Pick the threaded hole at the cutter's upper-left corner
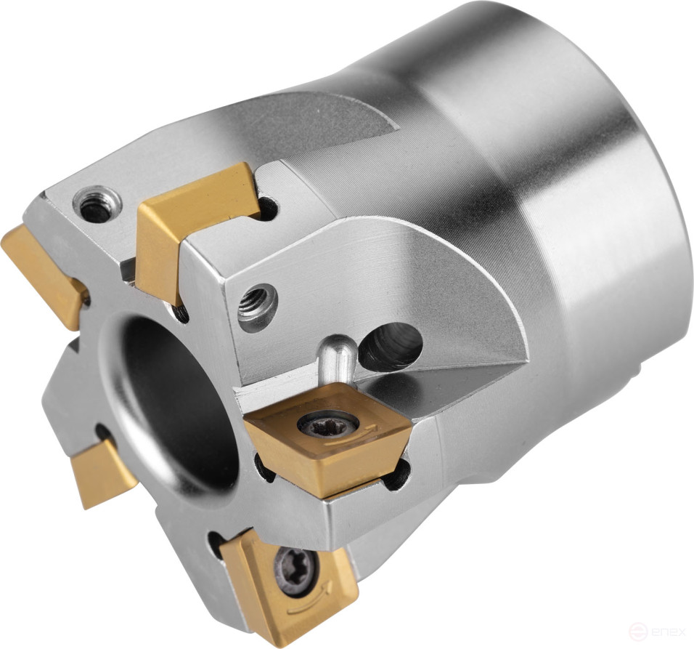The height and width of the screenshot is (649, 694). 94,203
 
